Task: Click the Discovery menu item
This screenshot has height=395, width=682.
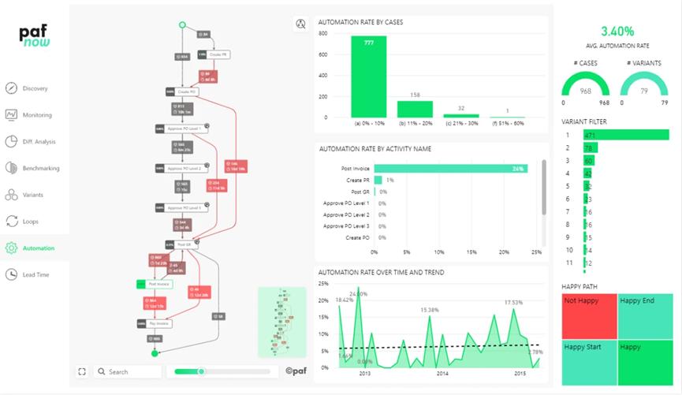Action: pyautogui.click(x=35, y=88)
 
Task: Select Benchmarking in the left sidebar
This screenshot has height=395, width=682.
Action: pyautogui.click(x=40, y=168)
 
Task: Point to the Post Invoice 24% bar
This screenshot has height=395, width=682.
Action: pyautogui.click(x=450, y=168)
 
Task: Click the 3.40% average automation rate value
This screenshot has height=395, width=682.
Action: pyautogui.click(x=617, y=32)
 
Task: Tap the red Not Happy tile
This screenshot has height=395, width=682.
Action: pyautogui.click(x=588, y=315)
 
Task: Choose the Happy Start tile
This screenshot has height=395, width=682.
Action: pyautogui.click(x=588, y=361)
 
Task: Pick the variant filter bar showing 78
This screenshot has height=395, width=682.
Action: pyautogui.click(x=589, y=148)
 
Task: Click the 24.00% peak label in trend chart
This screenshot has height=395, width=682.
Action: pyautogui.click(x=359, y=294)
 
